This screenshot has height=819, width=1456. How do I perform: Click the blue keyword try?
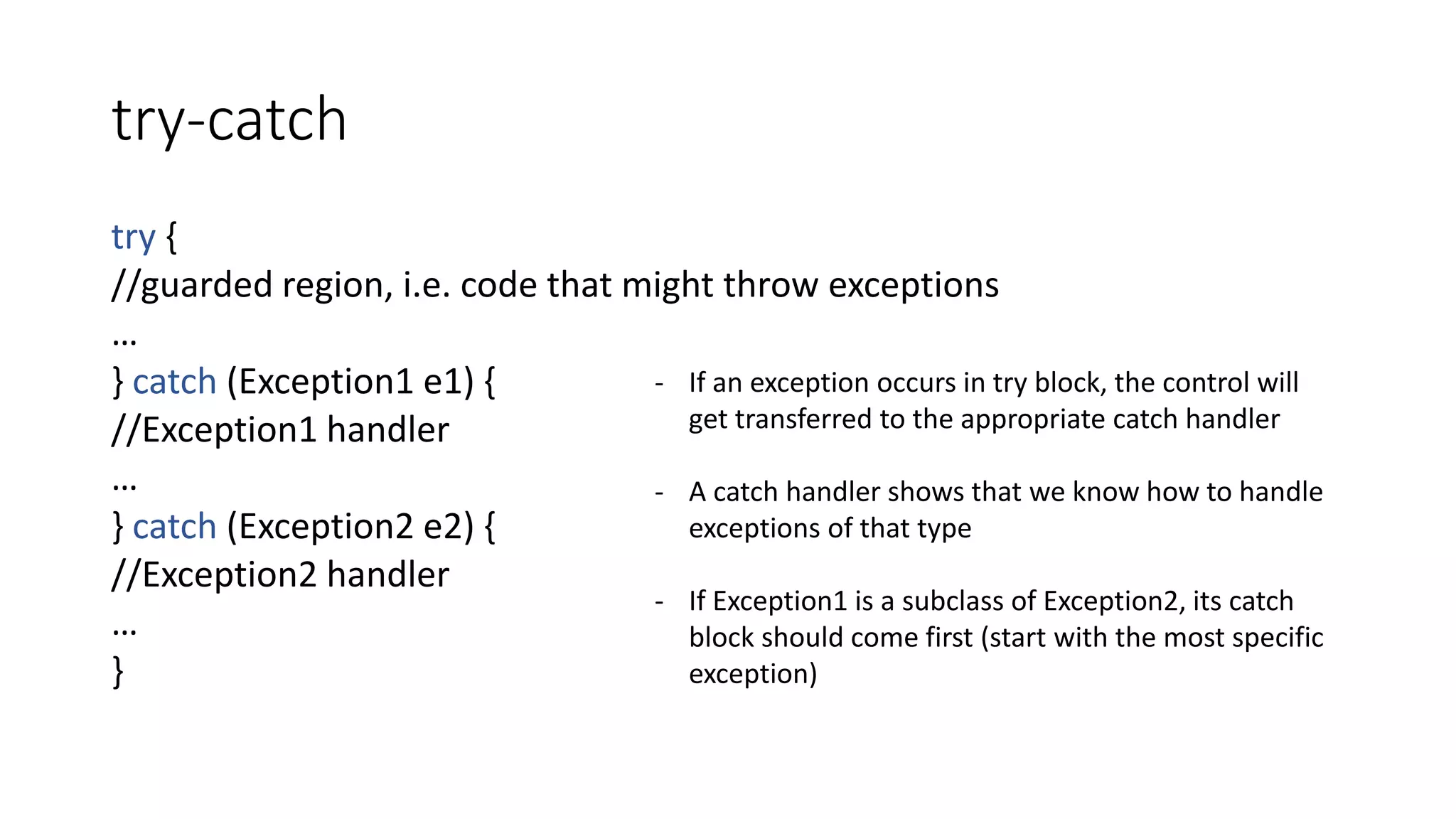[x=133, y=237]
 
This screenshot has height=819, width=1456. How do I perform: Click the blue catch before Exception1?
[x=174, y=382]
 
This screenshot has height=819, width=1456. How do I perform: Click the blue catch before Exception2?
[x=174, y=527]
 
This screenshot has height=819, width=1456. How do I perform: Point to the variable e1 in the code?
[x=442, y=382]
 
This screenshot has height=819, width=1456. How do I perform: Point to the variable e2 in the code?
[x=442, y=527]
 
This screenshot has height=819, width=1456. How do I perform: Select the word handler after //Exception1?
[x=387, y=430]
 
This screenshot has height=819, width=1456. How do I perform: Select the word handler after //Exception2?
[x=387, y=574]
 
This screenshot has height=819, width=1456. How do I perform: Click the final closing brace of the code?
[x=118, y=671]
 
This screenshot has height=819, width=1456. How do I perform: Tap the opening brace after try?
[x=171, y=237]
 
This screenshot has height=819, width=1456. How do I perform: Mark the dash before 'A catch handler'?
[x=659, y=492]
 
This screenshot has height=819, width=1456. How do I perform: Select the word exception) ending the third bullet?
[x=753, y=674]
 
